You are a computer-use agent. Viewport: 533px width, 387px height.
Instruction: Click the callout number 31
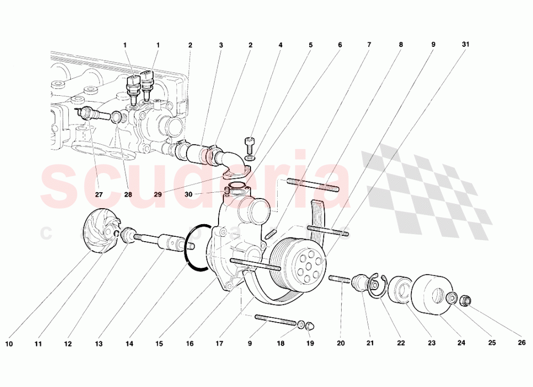point(465,45)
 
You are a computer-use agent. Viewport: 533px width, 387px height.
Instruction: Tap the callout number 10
point(9,344)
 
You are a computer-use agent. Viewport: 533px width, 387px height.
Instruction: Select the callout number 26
point(522,343)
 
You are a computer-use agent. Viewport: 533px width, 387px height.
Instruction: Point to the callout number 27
point(99,194)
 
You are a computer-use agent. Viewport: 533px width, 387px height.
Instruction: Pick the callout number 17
point(219,344)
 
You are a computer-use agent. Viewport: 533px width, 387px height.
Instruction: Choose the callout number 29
point(158,194)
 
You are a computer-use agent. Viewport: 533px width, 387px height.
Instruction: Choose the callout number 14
point(129,344)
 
